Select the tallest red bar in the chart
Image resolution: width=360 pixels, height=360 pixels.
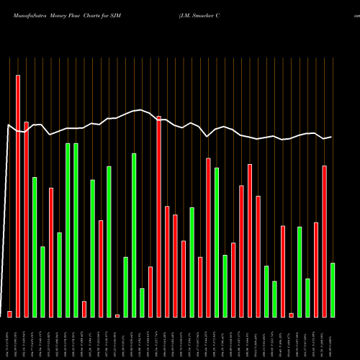click(x=18, y=194)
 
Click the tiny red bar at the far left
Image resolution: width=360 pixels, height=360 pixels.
click(x=9, y=314)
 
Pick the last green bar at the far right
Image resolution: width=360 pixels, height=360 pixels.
click(x=333, y=289)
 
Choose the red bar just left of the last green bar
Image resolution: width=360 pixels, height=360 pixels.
click(x=324, y=241)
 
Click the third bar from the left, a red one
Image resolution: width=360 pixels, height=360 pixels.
click(x=27, y=220)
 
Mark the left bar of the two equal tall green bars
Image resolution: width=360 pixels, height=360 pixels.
click(x=68, y=230)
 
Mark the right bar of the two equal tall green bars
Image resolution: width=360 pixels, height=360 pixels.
click(x=76, y=230)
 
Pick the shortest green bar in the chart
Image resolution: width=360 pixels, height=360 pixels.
click(x=142, y=302)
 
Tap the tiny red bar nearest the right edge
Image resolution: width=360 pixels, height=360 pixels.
click(x=291, y=315)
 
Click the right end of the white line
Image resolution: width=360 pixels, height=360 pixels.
click(x=332, y=137)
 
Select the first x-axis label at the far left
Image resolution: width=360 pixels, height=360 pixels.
click(x=9, y=338)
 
